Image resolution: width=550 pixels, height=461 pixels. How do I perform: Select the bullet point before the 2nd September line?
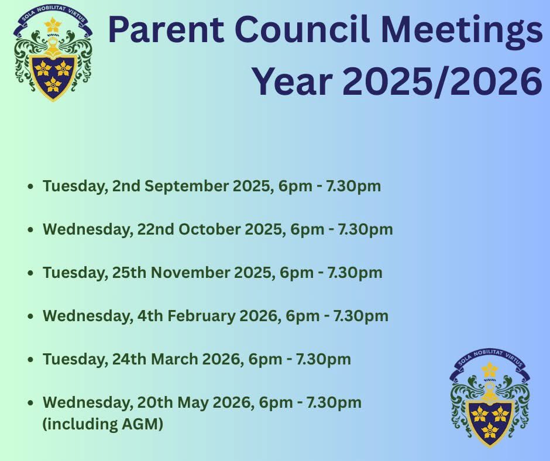(30, 187)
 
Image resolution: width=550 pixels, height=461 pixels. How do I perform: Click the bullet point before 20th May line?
(30, 403)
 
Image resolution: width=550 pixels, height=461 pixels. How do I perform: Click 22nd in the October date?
(154, 229)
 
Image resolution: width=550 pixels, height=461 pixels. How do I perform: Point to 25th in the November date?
(132, 273)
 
